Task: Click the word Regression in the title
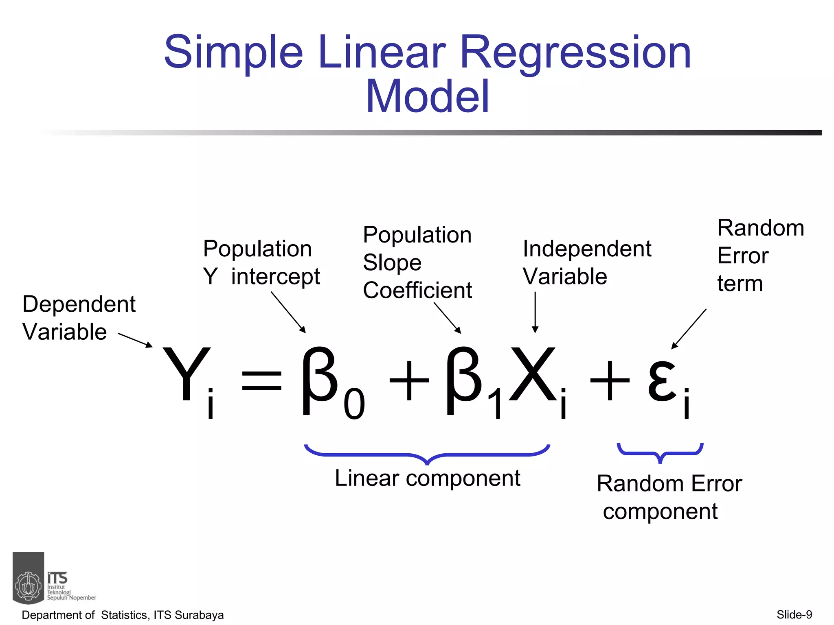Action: [575, 53]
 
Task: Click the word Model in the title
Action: [427, 97]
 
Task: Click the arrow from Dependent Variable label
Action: [135, 340]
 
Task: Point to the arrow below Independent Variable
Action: [535, 312]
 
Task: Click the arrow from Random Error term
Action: [689, 329]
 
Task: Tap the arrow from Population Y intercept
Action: [288, 312]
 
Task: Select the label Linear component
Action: [427, 478]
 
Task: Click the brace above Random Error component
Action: [660, 452]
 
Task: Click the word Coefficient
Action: [417, 290]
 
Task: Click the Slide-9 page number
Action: [794, 614]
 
